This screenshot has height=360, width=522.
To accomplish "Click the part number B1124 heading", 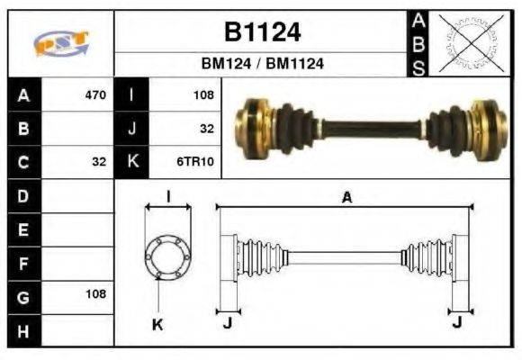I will click(262, 32).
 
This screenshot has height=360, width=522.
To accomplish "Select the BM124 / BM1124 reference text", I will click(262, 64).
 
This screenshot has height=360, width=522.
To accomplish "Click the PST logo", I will click(61, 43).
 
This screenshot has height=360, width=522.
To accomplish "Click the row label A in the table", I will click(23, 94).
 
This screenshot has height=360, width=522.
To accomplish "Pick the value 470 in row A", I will click(94, 94).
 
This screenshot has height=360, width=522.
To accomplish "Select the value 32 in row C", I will click(98, 162).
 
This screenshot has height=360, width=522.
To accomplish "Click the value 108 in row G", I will click(94, 294).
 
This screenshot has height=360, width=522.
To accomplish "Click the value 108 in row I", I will click(202, 94).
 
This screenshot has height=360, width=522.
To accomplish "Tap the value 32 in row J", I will click(206, 129).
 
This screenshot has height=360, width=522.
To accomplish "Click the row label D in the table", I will click(23, 195).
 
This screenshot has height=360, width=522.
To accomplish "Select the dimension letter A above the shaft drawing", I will click(346, 198).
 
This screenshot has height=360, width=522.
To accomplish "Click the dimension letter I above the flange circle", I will click(168, 196).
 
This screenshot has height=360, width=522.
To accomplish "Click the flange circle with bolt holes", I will click(168, 256).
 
